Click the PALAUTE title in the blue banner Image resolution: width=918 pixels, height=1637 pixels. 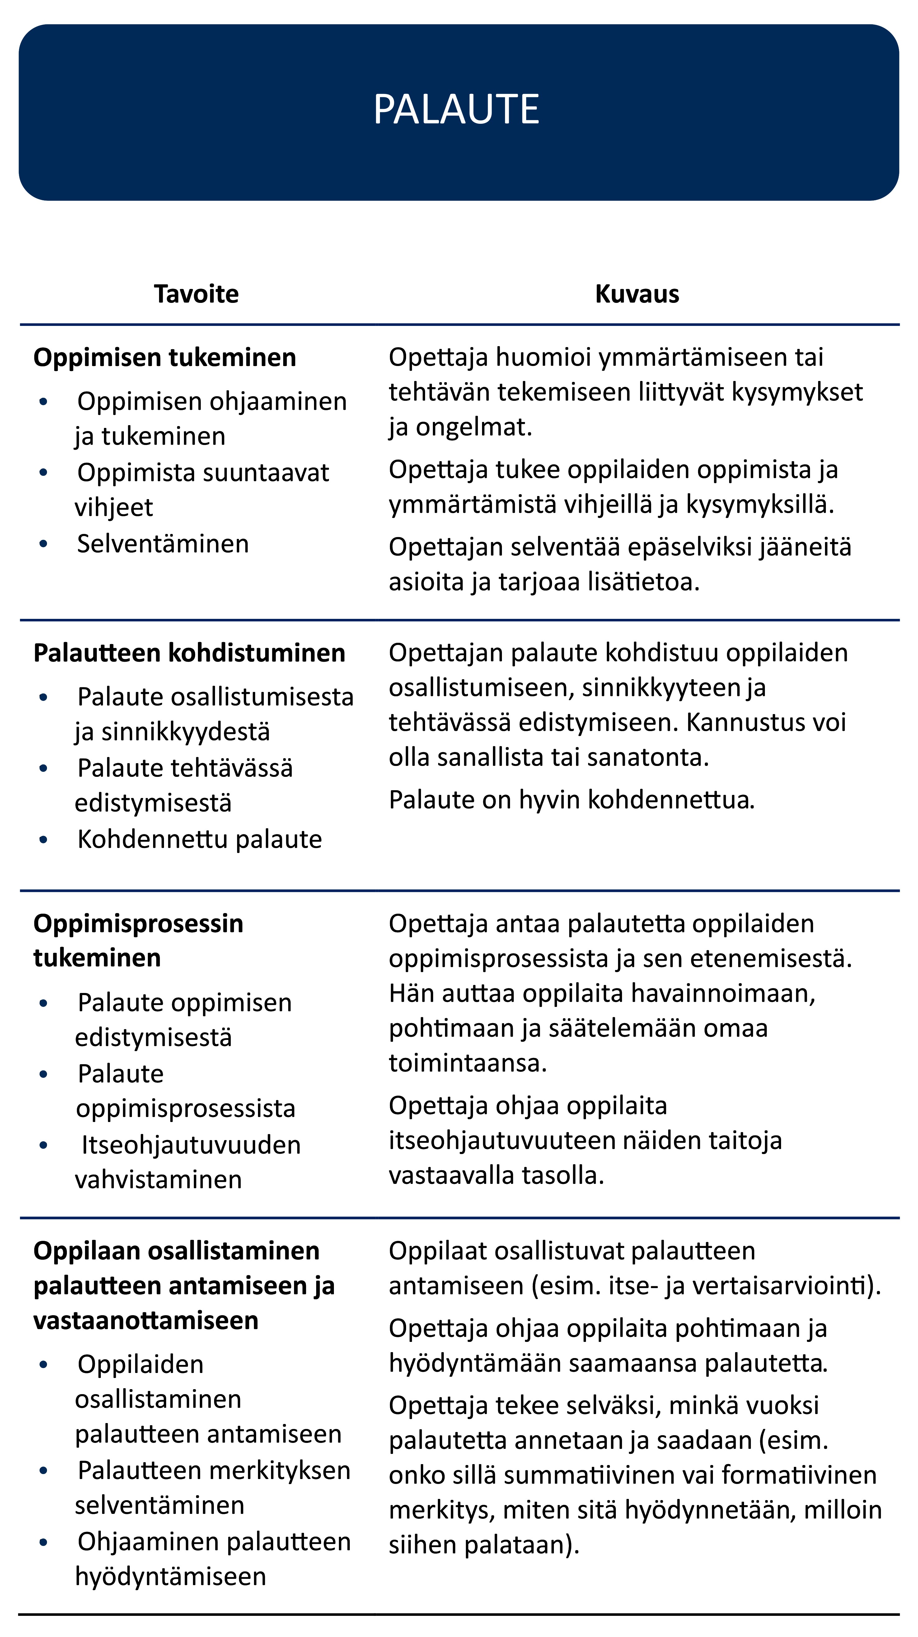[457, 109]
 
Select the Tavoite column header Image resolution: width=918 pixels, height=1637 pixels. [196, 294]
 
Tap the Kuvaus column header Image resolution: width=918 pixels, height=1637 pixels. [637, 294]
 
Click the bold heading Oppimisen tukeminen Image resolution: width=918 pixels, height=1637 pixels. [165, 358]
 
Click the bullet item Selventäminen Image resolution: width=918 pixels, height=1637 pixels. [163, 544]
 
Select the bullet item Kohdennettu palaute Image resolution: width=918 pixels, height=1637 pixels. [199, 839]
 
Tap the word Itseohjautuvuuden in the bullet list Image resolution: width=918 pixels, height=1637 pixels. [191, 1145]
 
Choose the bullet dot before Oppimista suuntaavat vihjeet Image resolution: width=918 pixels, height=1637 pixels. [43, 473]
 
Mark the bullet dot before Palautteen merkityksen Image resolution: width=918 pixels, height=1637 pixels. [43, 1471]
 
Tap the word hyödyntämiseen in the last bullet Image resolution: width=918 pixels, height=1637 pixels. [171, 1577]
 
